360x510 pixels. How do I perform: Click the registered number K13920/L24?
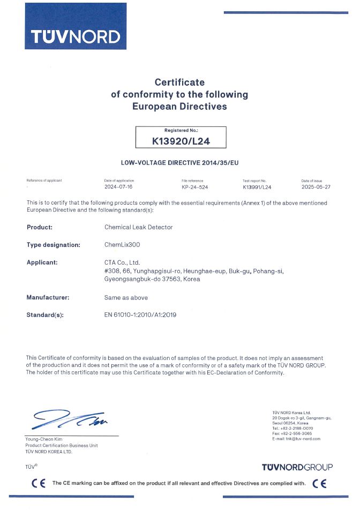tap(181, 141)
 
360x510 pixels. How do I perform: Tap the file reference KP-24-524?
tap(196, 187)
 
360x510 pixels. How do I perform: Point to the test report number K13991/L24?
tap(257, 187)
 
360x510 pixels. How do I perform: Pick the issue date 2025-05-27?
tap(316, 187)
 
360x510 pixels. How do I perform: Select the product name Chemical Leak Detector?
tap(138, 227)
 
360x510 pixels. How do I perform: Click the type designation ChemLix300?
tap(122, 245)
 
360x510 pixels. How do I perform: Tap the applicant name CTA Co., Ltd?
tap(122, 262)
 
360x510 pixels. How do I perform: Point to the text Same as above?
tap(126, 297)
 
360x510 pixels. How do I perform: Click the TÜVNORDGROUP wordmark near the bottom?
tap(297, 467)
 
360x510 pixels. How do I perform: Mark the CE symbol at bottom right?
tap(320, 483)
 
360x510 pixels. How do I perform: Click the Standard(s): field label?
tap(45, 315)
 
